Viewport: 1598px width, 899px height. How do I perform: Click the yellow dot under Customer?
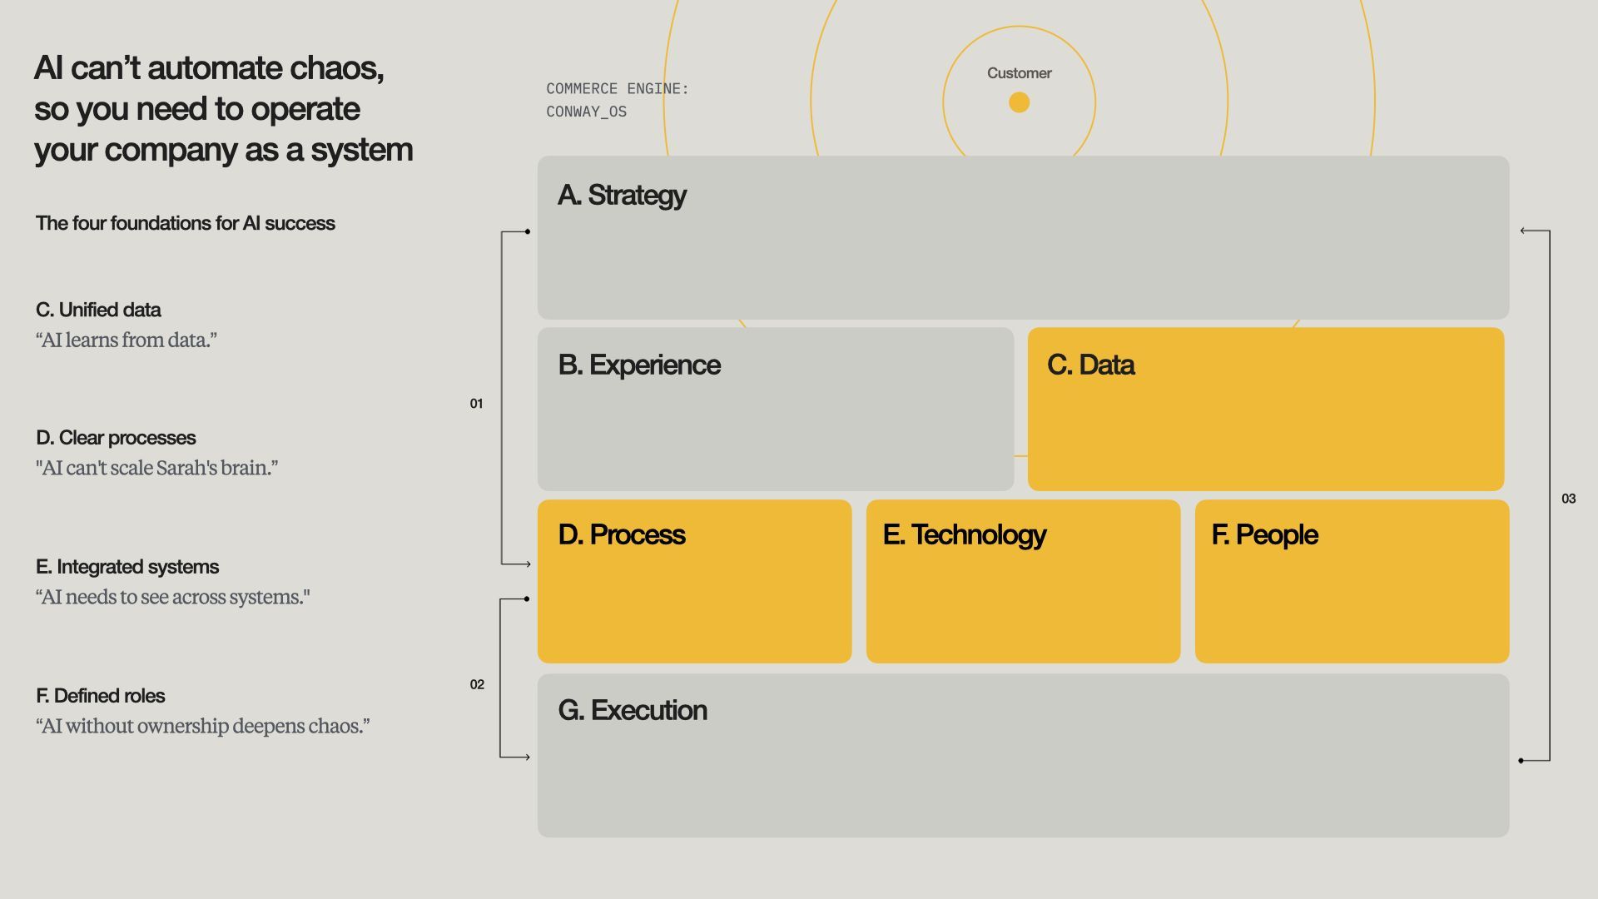pyautogui.click(x=1019, y=102)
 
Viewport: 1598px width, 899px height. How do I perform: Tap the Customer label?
pyautogui.click(x=1019, y=73)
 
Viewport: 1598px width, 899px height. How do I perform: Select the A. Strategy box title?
pyautogui.click(x=622, y=195)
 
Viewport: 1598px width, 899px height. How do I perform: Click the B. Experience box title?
pyautogui.click(x=638, y=365)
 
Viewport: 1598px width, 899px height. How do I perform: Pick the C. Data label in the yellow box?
pyautogui.click(x=1090, y=365)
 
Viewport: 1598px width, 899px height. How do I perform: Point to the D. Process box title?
pyautogui.click(x=621, y=534)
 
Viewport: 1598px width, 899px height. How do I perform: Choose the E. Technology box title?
pyautogui.click(x=964, y=534)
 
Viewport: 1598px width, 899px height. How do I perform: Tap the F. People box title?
pyautogui.click(x=1264, y=534)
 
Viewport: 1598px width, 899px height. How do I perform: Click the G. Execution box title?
pyautogui.click(x=632, y=710)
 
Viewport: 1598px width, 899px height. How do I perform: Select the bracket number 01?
pyautogui.click(x=476, y=404)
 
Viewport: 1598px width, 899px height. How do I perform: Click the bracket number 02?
pyautogui.click(x=477, y=684)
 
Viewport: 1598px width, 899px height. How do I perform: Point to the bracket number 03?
pyautogui.click(x=1568, y=499)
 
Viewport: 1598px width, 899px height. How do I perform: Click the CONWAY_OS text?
pyautogui.click(x=586, y=112)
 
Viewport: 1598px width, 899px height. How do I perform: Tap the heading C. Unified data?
pyautogui.click(x=98, y=310)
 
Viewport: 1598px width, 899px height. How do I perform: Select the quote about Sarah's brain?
pyautogui.click(x=156, y=468)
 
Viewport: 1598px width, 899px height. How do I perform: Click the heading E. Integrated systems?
pyautogui.click(x=127, y=567)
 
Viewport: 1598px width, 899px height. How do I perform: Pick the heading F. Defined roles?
pyautogui.click(x=100, y=696)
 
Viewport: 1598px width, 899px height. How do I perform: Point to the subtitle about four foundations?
pyautogui.click(x=185, y=223)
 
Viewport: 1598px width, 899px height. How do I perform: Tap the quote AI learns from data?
pyautogui.click(x=126, y=340)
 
